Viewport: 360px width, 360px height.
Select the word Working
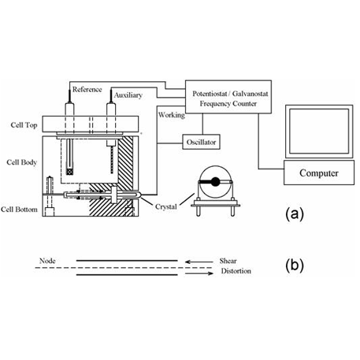coord(172,115)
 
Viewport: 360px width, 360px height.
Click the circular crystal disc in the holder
coord(213,183)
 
